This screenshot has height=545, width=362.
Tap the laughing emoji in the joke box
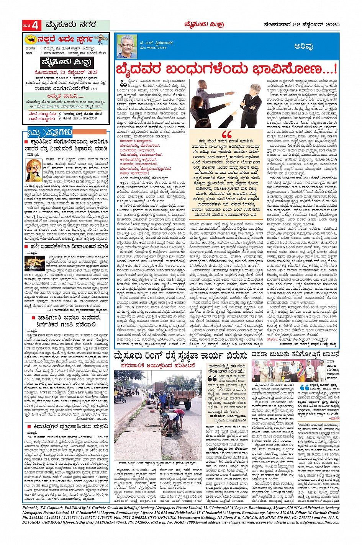[x=28, y=39]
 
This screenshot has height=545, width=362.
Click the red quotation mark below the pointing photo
[x=227, y=135]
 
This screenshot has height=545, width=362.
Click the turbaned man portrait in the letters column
[x=34, y=171]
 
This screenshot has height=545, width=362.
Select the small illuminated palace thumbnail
[x=34, y=263]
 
